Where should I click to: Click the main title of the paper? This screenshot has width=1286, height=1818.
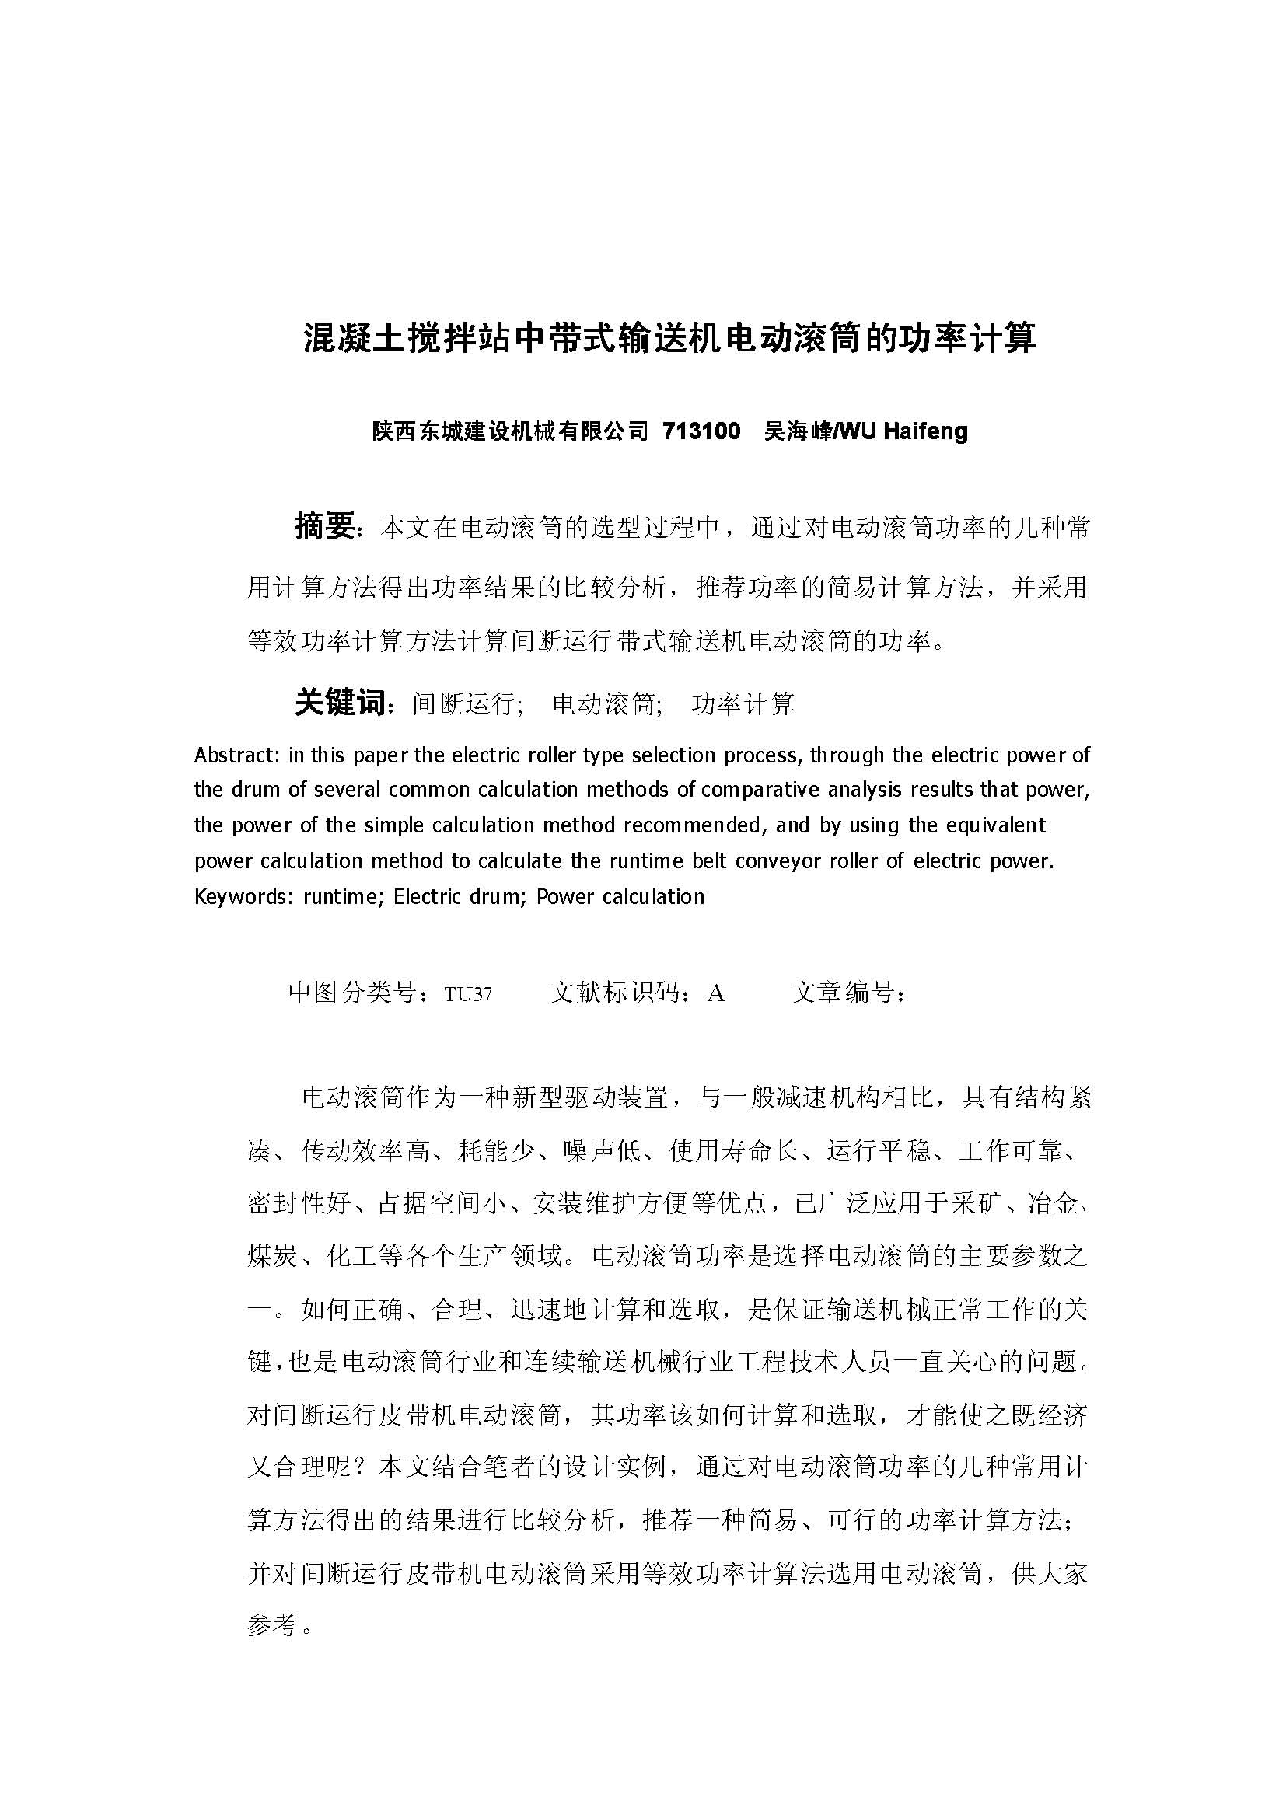pos(670,338)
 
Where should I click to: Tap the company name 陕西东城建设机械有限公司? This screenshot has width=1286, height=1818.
pos(510,431)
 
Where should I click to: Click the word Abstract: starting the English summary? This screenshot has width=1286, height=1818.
pos(237,755)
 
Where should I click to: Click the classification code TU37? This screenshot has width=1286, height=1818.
pos(468,993)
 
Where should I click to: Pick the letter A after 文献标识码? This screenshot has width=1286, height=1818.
pos(716,993)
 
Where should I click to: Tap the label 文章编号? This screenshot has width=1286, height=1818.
pos(843,992)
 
